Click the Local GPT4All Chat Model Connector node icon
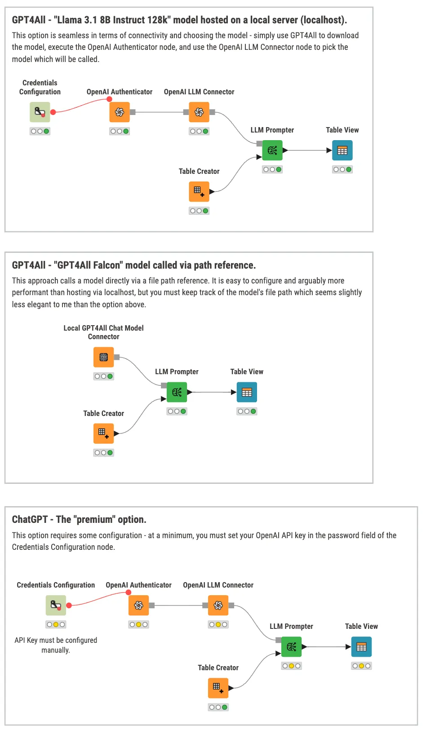(x=103, y=357)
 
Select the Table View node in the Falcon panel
(x=247, y=392)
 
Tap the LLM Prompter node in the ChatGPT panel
(x=291, y=647)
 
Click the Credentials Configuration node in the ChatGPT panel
(x=56, y=605)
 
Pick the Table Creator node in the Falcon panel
(x=103, y=433)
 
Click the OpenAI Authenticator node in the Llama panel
(x=120, y=112)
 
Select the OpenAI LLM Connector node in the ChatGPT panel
(x=218, y=605)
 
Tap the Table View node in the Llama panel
(x=342, y=150)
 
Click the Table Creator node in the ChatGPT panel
(x=218, y=688)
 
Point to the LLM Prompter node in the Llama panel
(x=272, y=150)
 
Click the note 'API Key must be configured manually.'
(x=56, y=645)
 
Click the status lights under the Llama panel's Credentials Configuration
(x=40, y=132)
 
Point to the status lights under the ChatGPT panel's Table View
(x=361, y=666)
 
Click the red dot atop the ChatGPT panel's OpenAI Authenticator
(x=129, y=593)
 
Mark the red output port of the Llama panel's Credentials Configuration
(x=53, y=112)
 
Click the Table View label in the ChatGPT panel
(x=361, y=626)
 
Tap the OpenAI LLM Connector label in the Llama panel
(x=199, y=92)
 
